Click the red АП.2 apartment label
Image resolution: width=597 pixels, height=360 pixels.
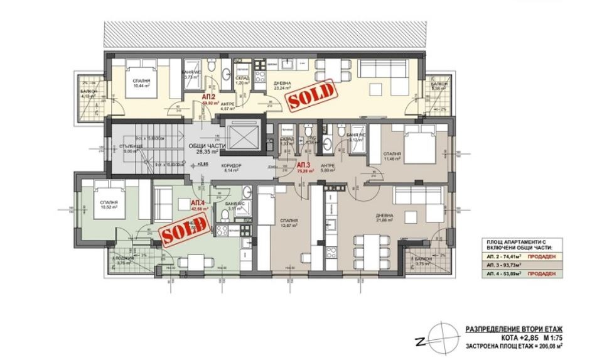210,97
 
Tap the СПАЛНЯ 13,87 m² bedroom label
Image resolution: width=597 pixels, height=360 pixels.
289,223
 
